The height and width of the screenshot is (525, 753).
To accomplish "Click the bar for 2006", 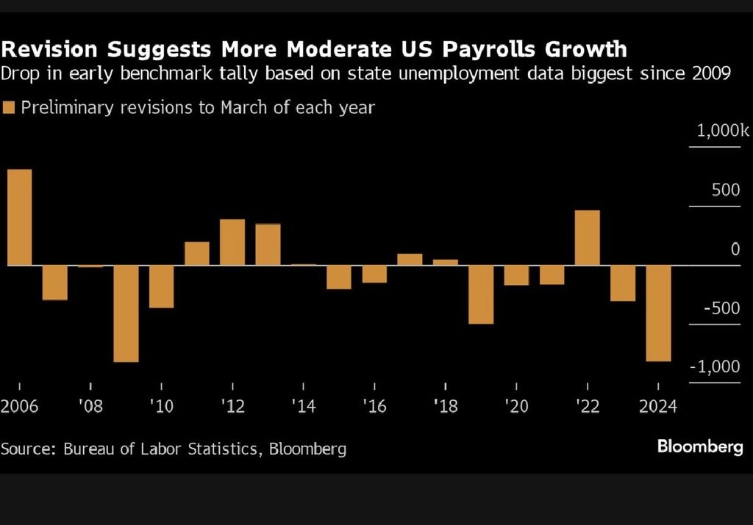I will tap(20, 217).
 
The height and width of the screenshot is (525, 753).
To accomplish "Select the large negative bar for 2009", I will tap(126, 314).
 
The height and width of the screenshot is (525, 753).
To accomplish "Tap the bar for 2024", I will tap(658, 314).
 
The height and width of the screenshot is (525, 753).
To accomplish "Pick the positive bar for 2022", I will tap(588, 238).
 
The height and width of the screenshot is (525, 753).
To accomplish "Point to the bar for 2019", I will tap(481, 294).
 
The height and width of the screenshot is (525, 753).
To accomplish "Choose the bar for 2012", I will tap(232, 242).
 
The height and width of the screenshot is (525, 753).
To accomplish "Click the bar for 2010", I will tap(161, 286).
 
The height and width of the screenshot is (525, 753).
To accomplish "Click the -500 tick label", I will tap(721, 308).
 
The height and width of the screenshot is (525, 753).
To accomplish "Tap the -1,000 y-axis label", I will tap(717, 366).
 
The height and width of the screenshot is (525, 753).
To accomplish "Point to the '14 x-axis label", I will tap(302, 406).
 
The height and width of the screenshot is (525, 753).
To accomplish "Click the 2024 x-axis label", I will tap(658, 406).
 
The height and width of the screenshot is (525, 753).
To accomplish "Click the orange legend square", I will tap(9, 108).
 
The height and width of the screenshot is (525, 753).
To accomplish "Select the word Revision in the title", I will tap(51, 50).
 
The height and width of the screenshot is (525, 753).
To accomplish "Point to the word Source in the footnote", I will tap(26, 448).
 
